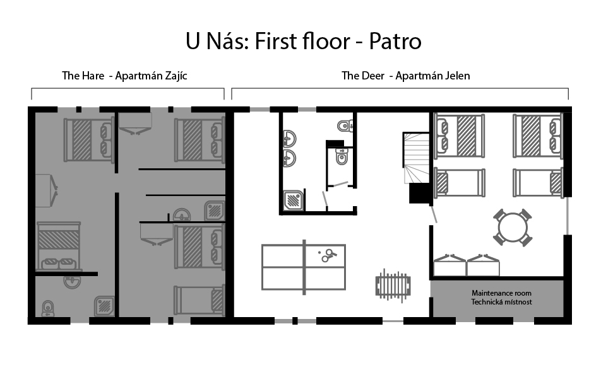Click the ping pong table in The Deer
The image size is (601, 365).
[x=304, y=267]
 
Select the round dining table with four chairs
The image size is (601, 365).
[x=513, y=228]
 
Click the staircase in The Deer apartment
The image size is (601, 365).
[x=416, y=158]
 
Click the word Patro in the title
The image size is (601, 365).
[x=395, y=42]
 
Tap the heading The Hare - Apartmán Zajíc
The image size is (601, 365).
[x=124, y=76]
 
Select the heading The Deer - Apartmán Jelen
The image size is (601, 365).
[x=405, y=76]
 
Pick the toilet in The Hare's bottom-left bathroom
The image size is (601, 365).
[x=47, y=308]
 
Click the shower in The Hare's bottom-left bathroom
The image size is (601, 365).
[x=105, y=306]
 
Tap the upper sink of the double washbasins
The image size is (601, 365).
[x=289, y=139]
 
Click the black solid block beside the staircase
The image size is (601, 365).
[x=419, y=193]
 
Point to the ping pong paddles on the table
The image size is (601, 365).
[x=327, y=255]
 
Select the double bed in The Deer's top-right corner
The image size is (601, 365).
[x=538, y=136]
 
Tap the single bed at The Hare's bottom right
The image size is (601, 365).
[x=199, y=300]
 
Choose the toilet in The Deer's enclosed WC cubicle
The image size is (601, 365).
[x=342, y=156]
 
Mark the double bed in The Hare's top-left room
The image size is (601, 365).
[x=88, y=140]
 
